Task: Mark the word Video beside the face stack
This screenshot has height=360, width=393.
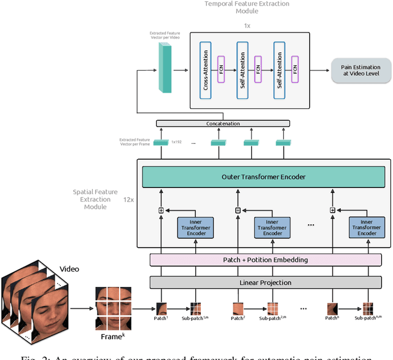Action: pos(69,269)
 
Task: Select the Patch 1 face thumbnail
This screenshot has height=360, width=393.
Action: pos(163,308)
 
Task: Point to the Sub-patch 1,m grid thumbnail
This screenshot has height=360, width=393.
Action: pos(195,309)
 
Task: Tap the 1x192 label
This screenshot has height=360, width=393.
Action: pos(176,141)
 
